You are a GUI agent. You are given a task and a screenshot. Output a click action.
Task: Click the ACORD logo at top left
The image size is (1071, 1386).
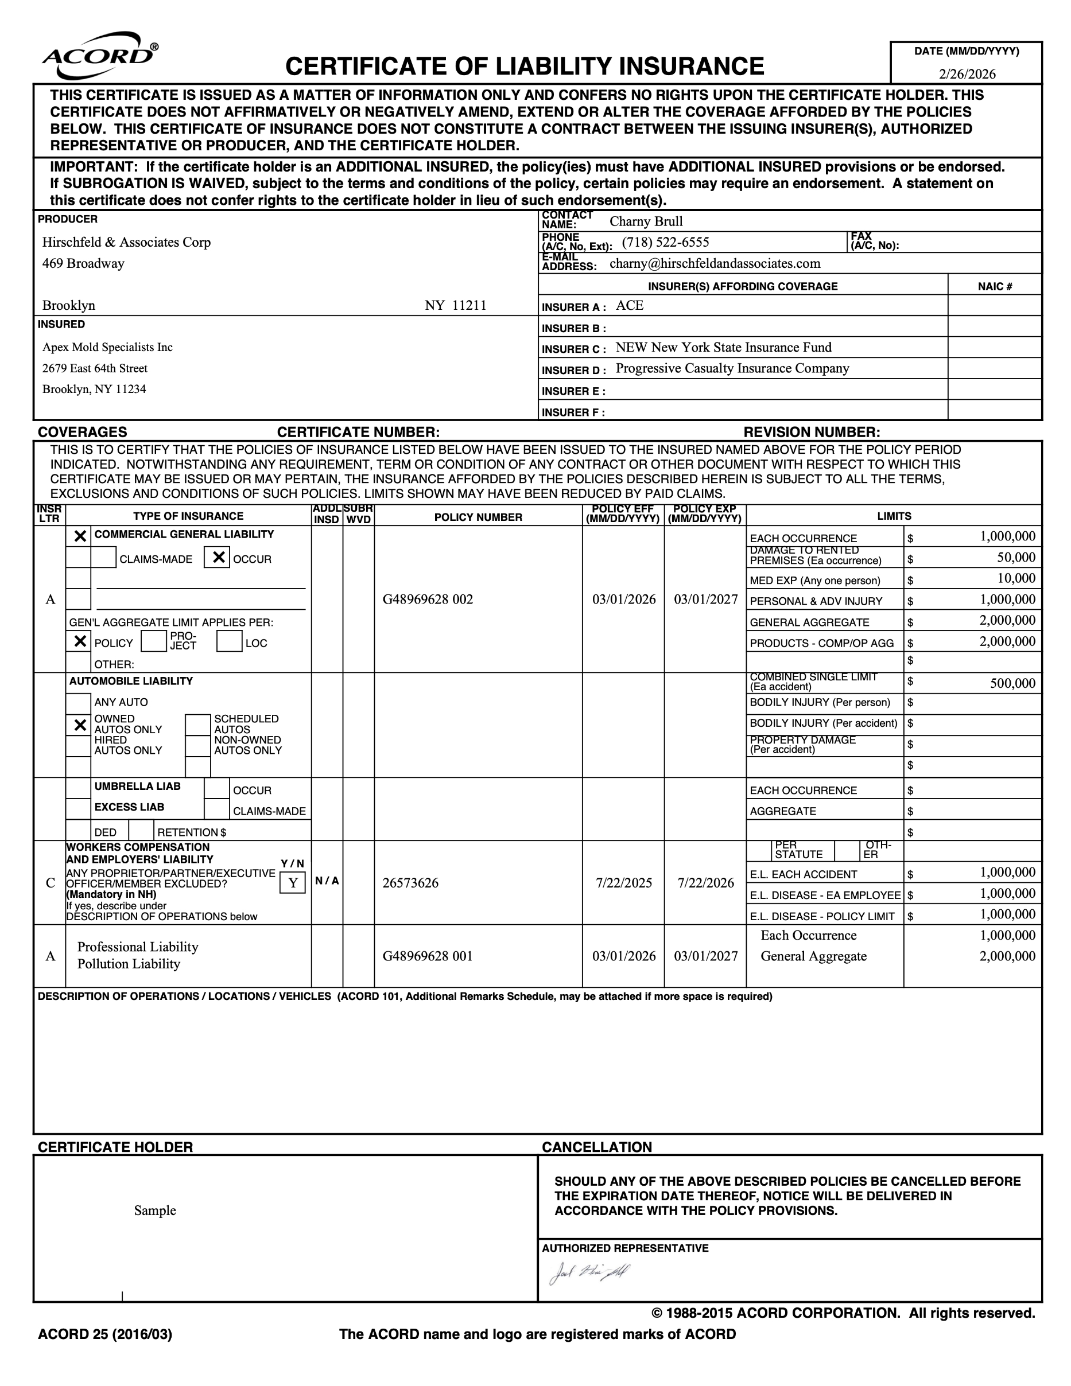click(100, 56)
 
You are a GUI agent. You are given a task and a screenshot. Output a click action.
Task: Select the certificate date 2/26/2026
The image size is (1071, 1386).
click(967, 73)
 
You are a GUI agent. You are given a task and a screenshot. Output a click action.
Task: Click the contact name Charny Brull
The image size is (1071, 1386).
click(646, 221)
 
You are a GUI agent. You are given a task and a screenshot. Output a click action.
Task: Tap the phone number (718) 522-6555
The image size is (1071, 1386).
click(665, 243)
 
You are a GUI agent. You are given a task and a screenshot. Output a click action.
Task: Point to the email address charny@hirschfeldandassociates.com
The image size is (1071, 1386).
click(714, 263)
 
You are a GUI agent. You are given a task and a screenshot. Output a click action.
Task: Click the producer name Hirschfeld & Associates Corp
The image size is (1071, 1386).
click(126, 243)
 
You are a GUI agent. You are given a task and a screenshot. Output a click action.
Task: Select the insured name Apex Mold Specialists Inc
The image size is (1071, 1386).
click(107, 347)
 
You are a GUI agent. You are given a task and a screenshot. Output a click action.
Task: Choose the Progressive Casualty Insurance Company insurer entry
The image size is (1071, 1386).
click(732, 369)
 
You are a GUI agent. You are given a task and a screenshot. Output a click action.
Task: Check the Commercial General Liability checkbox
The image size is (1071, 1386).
click(80, 536)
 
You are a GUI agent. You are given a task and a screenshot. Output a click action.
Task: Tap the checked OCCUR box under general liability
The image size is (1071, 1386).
click(218, 558)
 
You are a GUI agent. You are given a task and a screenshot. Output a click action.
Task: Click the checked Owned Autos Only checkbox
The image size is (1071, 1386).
click(80, 725)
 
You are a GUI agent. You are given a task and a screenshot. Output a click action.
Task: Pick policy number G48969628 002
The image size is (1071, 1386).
click(427, 599)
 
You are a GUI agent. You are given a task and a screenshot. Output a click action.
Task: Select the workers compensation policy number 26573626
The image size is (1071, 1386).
click(410, 883)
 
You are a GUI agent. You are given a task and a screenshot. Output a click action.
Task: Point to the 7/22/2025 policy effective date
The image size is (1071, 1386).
click(623, 883)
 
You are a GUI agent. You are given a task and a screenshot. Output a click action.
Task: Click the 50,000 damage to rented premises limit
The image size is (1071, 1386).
click(1016, 558)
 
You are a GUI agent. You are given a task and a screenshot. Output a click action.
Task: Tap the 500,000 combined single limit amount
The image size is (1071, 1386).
click(1012, 683)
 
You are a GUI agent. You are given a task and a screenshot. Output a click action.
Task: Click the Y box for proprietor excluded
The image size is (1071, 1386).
click(293, 883)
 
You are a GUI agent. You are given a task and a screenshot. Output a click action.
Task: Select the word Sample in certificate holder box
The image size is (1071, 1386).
click(155, 1210)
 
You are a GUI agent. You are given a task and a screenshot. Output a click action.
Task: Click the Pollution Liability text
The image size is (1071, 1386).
click(129, 964)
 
